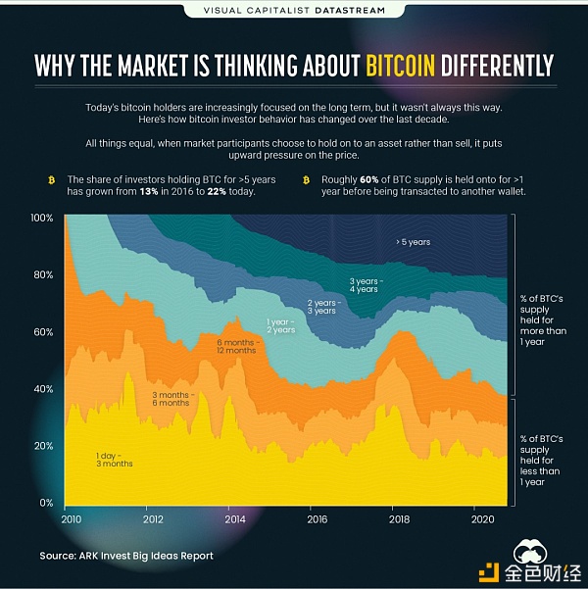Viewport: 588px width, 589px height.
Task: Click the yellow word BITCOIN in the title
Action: tap(400, 66)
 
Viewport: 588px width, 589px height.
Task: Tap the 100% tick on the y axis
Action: tap(42, 218)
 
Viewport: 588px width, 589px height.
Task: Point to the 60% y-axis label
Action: tap(43, 332)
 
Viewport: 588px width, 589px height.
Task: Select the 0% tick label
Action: tap(46, 503)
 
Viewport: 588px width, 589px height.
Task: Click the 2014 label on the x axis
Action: tap(235, 519)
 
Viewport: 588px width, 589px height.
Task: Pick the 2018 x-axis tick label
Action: tap(400, 519)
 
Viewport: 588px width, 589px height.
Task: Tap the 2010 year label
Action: tap(71, 519)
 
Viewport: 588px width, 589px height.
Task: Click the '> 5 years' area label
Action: tap(413, 242)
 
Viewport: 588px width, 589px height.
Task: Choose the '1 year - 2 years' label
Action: tap(281, 326)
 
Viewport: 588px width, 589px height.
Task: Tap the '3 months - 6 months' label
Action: tap(171, 399)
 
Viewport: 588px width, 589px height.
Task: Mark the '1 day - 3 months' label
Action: tap(115, 460)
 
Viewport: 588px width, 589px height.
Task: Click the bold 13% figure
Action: tap(149, 191)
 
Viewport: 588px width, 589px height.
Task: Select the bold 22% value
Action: tap(217, 191)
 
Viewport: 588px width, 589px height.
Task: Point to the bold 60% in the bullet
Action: tap(368, 179)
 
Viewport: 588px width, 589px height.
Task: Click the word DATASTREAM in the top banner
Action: tap(350, 10)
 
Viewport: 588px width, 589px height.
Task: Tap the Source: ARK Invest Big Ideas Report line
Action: tap(126, 556)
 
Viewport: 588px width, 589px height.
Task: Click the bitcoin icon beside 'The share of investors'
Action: tap(52, 180)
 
